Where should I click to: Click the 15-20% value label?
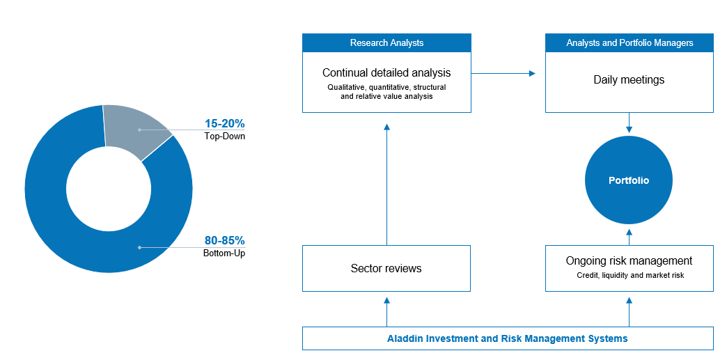[225, 124]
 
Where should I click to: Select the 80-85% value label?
[225, 241]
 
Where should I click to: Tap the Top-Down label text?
[225, 136]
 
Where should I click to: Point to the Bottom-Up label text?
[224, 253]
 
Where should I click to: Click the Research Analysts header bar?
[386, 42]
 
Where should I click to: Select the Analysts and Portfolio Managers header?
[630, 42]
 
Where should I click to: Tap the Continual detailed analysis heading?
[386, 73]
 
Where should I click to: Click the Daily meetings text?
[630, 80]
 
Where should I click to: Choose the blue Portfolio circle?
[629, 180]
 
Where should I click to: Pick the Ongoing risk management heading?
[630, 260]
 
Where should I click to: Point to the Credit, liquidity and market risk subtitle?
[631, 275]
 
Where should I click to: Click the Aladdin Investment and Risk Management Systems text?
[507, 338]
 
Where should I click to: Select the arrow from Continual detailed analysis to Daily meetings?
[503, 73]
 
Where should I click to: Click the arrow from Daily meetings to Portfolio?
[630, 123]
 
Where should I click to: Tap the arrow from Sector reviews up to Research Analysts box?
[386, 184]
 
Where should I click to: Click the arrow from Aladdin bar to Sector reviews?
[386, 312]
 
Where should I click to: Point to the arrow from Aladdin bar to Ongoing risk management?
[630, 312]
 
